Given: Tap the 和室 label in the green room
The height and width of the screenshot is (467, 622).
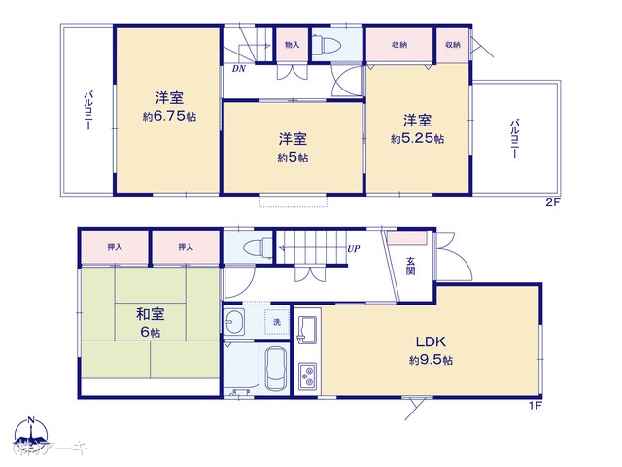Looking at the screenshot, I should coord(149,314).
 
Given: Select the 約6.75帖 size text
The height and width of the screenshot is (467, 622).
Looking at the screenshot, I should coord(168,115).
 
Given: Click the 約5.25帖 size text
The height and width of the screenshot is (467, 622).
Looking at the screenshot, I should coord(418,139).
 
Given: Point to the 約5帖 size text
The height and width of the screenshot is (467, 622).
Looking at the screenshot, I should coord(293,157).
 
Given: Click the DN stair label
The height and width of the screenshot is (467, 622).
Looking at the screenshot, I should coord(238,69).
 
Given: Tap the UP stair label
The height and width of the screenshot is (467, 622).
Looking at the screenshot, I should coord(355,249).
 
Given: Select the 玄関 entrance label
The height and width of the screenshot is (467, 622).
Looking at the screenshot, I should coord(411,264).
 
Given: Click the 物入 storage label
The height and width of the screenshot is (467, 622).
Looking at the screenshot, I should coord(292,45).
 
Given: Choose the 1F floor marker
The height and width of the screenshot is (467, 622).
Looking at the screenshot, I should coord(535,404).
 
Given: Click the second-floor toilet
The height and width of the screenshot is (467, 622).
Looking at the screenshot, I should coord(327,45).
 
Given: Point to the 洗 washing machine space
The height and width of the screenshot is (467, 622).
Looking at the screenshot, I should coord(275,322).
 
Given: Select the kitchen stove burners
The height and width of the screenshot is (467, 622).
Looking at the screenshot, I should coord(308,375).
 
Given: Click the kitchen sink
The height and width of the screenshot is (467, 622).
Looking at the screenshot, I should coord(307,328).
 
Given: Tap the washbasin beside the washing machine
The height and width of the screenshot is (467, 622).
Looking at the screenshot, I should coord(237,322).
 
